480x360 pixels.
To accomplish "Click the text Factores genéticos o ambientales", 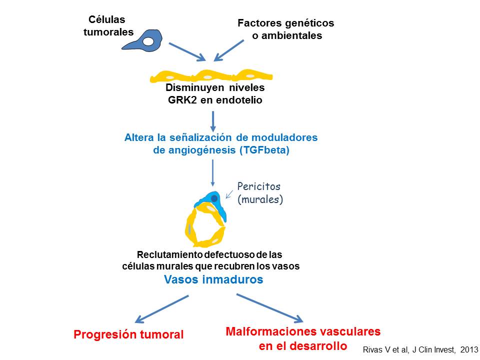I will point(286,29).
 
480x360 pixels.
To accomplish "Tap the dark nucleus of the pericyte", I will point(214,199).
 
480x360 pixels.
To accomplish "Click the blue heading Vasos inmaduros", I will point(213,280).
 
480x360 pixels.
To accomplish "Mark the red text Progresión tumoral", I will point(128,334).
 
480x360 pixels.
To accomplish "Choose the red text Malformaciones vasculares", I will point(303,331).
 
